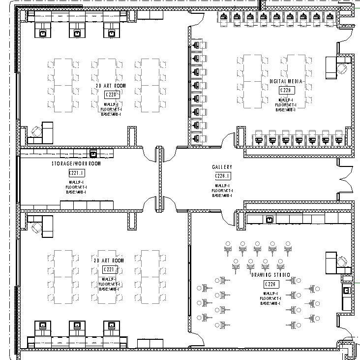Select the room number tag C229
coord(286,91)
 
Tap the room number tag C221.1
coord(77,173)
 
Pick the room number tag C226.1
coord(223,176)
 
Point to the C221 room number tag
coord(109,269)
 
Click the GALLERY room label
coord(222,168)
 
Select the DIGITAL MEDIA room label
coord(286,82)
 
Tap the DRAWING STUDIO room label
coord(271,275)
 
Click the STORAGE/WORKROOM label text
coord(76,164)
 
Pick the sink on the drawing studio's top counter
coord(269,219)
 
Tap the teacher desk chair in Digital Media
coord(343,68)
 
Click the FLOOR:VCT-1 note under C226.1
coord(223,190)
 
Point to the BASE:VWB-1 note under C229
coord(286,110)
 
